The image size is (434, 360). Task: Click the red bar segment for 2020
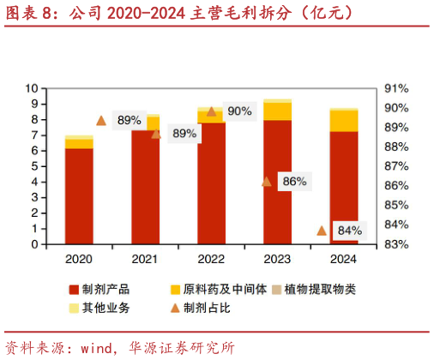pos(79,196)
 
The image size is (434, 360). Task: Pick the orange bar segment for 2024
pos(343,120)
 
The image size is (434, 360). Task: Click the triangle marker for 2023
pos(267,181)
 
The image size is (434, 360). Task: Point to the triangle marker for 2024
pos(322,230)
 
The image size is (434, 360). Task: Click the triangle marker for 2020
pos(101,121)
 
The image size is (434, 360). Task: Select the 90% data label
pos(240,111)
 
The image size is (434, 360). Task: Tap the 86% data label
pos(294,182)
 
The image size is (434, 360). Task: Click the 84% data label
pos(349,231)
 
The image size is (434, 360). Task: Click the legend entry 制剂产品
pos(101,290)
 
